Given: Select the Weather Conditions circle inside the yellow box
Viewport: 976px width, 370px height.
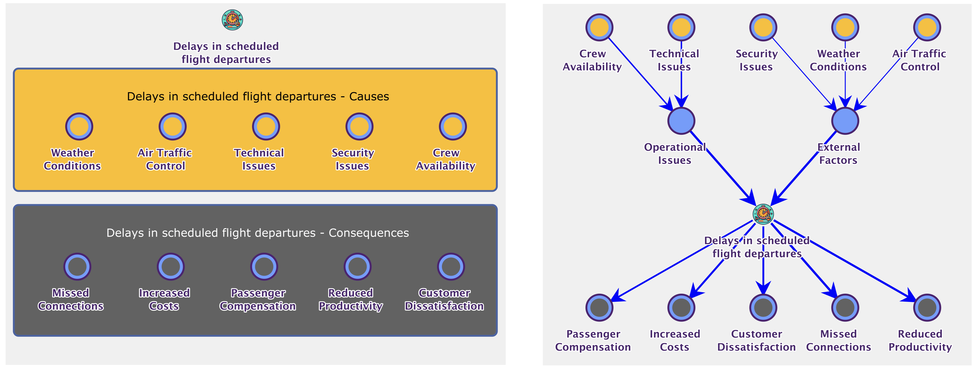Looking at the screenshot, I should (x=79, y=127).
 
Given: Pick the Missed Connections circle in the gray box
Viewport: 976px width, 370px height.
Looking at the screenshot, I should (x=77, y=267).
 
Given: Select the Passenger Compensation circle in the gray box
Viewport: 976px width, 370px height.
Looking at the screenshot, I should (x=264, y=267).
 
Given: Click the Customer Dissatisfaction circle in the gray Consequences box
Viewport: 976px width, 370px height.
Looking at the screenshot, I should (x=451, y=267).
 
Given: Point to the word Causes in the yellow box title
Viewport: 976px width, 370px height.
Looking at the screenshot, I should (x=369, y=97).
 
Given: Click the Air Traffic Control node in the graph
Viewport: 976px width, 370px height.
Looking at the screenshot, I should (x=927, y=27).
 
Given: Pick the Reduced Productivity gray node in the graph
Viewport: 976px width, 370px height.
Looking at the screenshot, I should (x=927, y=307).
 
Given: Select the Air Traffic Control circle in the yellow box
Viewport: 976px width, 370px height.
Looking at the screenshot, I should (x=172, y=127).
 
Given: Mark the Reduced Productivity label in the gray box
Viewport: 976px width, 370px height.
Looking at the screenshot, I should (x=350, y=299).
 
